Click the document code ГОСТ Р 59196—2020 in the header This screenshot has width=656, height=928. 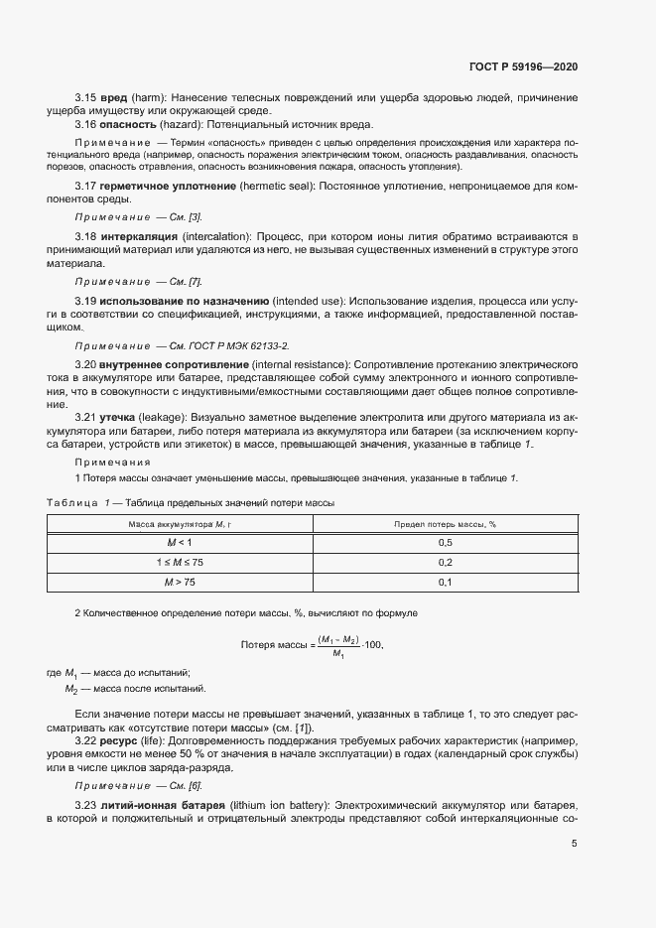pos(523,66)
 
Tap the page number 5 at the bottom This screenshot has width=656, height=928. pos(575,844)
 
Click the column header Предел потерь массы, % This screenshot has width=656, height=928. pos(445,523)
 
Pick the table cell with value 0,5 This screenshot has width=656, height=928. pos(445,543)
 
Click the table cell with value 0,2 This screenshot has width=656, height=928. pos(445,563)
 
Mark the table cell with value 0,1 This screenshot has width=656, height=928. pos(445,583)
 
